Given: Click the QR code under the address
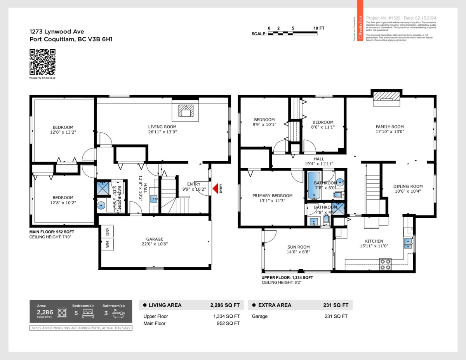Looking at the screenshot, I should pos(42,62).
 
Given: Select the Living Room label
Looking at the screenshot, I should pos(162,127).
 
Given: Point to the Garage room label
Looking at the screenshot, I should pos(155,239).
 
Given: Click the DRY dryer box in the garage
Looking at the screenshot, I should pos(108,231).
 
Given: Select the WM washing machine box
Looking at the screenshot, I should pos(108,245).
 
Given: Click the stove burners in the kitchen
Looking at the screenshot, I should pos(385,264).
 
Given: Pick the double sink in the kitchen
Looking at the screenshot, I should pos(408,243).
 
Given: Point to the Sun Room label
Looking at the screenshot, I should pos(298,247).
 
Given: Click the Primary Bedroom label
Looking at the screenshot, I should pos(272,196).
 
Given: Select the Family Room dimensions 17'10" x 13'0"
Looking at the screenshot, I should pos(389,132).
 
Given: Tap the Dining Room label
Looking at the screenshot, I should pos(407,186).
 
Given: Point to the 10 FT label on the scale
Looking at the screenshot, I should pos(319,28).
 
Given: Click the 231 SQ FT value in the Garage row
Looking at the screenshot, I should pos(336,316).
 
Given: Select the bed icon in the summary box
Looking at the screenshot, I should pos(88,313).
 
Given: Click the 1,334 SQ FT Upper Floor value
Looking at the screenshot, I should pos(226,316).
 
